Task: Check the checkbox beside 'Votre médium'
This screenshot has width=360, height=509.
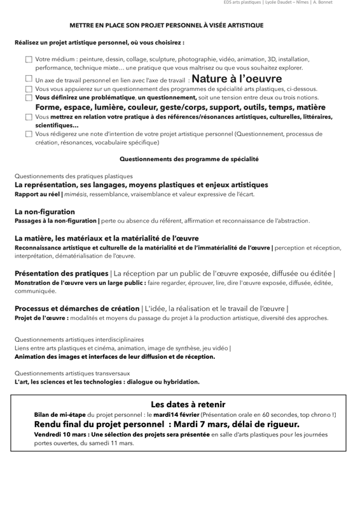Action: coord(29,59)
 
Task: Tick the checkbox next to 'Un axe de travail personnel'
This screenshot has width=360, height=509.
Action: coord(29,79)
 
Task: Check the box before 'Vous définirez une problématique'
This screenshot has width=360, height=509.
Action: coord(29,98)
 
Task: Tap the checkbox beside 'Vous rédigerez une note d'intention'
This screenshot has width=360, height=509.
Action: coord(29,134)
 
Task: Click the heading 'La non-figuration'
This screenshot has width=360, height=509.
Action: coord(45,211)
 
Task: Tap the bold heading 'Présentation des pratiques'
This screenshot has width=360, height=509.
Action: coord(61,273)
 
